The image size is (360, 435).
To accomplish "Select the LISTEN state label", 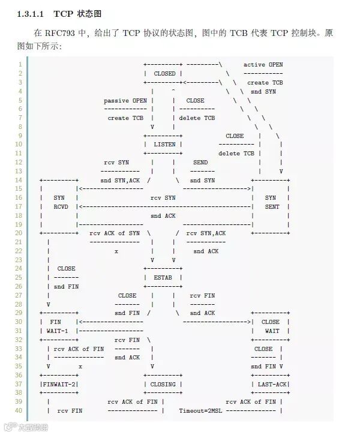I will [164, 145].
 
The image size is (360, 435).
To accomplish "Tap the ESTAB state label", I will [163, 278].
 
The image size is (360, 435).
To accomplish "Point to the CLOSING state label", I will [163, 384].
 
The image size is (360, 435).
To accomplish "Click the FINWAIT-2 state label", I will [59, 384].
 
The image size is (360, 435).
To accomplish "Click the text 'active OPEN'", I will [263, 65].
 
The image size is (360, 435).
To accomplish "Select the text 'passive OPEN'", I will [125, 101].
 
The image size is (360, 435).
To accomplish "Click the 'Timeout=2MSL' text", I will [200, 410].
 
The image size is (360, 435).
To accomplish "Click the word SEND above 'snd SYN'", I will [200, 163].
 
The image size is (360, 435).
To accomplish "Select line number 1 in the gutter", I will [20, 65].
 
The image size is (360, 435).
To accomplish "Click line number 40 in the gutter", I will [19, 410].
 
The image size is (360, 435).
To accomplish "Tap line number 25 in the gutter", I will [19, 278].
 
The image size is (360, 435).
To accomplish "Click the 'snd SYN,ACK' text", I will [119, 181].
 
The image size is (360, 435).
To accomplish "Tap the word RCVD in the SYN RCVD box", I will [59, 207].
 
